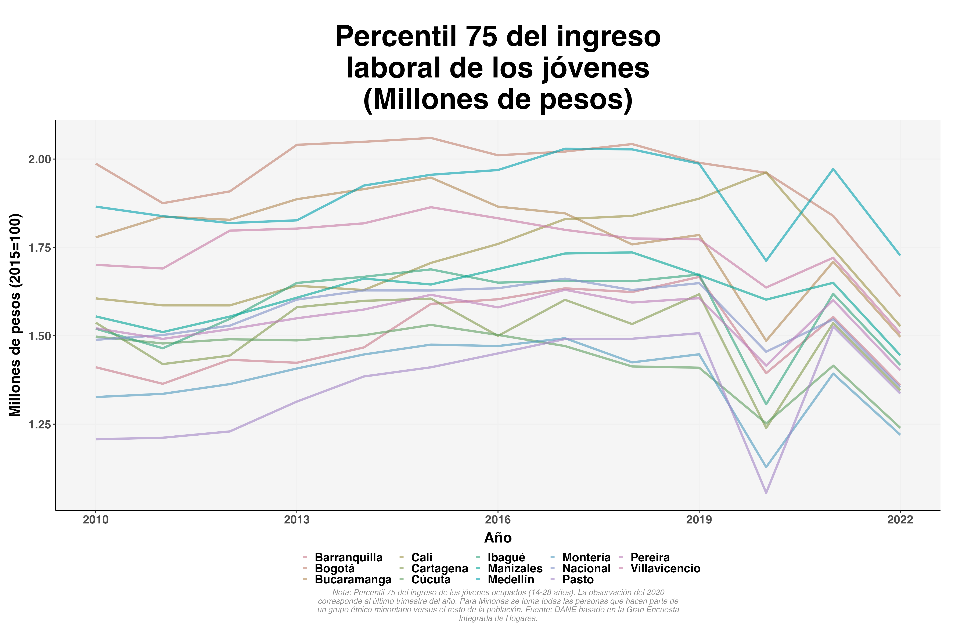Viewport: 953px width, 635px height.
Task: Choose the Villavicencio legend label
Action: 665,569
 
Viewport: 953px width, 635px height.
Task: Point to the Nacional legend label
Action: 586,569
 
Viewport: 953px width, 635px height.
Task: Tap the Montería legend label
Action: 586,558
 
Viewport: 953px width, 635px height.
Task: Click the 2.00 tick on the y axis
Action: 40,159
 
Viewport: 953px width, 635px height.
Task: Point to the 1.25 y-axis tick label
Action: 40,424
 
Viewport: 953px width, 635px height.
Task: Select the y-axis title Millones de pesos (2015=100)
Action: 15,315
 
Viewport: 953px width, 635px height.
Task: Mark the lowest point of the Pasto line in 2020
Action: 766,493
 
